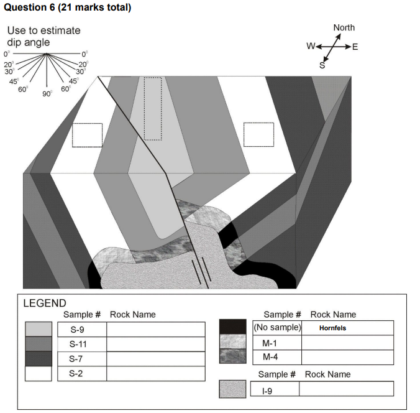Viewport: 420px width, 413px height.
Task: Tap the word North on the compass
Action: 344,27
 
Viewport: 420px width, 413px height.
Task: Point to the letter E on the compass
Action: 355,47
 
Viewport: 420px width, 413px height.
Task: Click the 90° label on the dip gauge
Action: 47,93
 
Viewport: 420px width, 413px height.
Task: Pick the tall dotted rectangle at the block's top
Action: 152,109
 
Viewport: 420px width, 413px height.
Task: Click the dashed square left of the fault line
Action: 87,135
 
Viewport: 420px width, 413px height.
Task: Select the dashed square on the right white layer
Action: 258,134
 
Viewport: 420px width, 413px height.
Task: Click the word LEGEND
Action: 45,304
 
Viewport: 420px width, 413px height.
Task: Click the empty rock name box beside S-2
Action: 155,374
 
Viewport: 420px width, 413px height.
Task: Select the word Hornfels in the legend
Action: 332,328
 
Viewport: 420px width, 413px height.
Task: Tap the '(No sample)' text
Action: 277,327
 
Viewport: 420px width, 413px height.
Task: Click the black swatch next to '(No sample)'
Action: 233,327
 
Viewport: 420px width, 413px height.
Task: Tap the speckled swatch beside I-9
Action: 233,389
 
